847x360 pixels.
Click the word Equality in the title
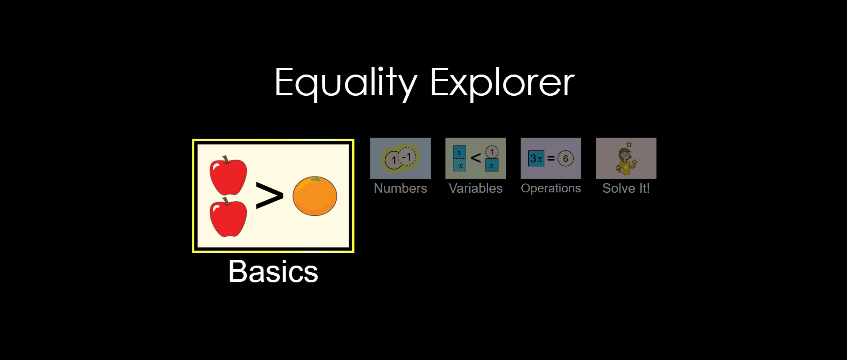[x=346, y=83]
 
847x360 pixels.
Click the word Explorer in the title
[x=502, y=83]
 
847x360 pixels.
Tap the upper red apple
[x=228, y=176]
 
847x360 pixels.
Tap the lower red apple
[x=228, y=217]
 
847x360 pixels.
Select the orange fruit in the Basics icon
[x=315, y=196]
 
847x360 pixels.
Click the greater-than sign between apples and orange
[x=269, y=195]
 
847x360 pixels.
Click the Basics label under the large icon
[x=273, y=271]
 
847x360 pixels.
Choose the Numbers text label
[x=400, y=188]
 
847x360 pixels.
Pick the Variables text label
[x=476, y=188]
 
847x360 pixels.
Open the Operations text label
[x=551, y=188]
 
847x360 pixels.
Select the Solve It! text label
[x=626, y=188]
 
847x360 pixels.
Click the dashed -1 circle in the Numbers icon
[x=407, y=156]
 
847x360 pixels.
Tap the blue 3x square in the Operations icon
[x=536, y=158]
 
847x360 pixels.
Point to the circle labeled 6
[x=565, y=158]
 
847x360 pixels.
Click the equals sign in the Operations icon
[x=551, y=158]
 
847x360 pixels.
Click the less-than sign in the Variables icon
[x=476, y=157]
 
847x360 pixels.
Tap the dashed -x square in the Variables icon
[x=459, y=165]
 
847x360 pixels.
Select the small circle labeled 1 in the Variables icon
[x=492, y=152]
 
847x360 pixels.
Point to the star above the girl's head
[x=629, y=144]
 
